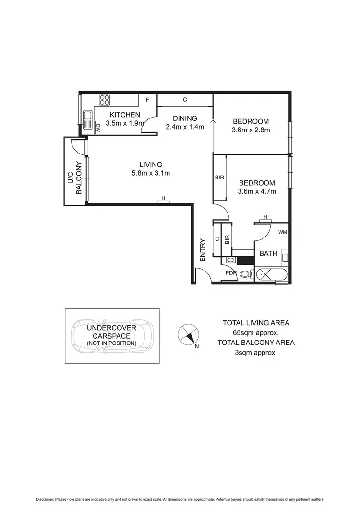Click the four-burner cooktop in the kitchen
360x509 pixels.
coord(105,100)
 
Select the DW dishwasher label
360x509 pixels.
coord(98,128)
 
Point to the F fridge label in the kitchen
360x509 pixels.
coord(148,100)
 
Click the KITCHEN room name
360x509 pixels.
coord(125,115)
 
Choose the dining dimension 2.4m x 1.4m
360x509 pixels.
coord(185,127)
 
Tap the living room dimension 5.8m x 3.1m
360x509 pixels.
coord(151,173)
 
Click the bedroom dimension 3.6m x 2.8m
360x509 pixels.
coord(251,130)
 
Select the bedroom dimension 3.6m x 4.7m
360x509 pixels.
coord(257,191)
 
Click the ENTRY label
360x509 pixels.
coord(203,250)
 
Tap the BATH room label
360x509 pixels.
coord(268,253)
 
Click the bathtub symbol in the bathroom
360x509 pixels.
coord(272,275)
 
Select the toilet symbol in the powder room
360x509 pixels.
coord(245,275)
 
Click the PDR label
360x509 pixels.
coord(232,273)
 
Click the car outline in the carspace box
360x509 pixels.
coord(112,336)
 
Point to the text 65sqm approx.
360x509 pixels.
coord(255,332)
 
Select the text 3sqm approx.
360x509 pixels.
coord(255,352)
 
